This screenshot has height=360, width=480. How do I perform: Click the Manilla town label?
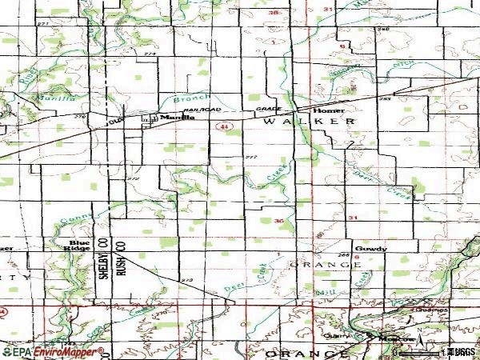coord(177,117)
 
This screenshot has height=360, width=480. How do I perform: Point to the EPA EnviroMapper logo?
coord(53,352)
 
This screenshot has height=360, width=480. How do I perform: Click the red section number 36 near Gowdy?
coord(278,221)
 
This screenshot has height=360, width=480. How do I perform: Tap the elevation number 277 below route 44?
coord(252,157)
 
